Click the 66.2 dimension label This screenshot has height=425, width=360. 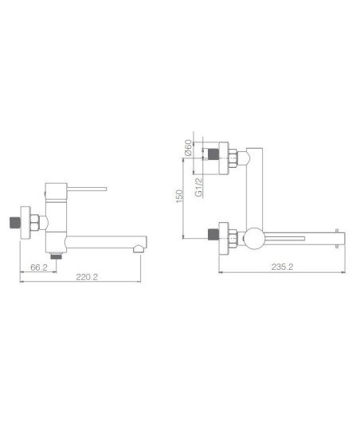(x=39, y=267)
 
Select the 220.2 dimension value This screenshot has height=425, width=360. (x=87, y=277)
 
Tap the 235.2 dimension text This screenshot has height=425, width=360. (x=283, y=267)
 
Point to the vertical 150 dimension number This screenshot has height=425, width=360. (x=179, y=196)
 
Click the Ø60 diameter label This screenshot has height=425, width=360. (x=188, y=148)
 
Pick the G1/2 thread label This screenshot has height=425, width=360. (x=199, y=187)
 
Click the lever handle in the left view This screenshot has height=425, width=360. (x=87, y=189)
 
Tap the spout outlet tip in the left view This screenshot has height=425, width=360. (x=140, y=249)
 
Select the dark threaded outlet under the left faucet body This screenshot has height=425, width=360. (x=57, y=255)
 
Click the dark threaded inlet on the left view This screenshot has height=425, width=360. (x=15, y=223)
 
